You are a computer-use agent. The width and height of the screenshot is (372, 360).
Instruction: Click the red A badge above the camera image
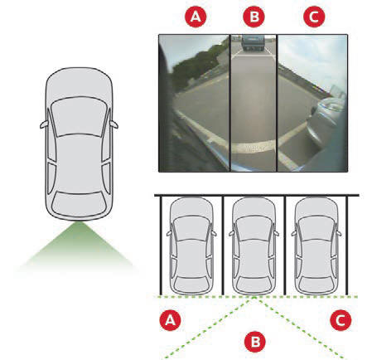pos(196,17)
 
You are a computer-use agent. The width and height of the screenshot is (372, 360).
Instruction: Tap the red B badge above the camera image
pos(254,17)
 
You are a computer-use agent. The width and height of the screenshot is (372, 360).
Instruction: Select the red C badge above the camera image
pos(314,17)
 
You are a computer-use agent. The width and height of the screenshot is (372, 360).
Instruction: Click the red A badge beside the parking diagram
pos(170,320)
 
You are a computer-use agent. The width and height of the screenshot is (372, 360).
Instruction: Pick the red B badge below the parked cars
pos(255,342)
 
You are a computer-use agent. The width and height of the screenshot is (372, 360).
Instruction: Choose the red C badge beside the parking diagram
pos(341,320)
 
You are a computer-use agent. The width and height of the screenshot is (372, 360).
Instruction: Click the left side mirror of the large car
pos(44,124)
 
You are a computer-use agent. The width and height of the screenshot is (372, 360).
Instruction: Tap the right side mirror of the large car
pos(114,124)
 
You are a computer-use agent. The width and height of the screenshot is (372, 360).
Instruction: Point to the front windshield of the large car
pos(79,116)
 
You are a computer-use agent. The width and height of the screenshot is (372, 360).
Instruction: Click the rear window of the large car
pos(79,203)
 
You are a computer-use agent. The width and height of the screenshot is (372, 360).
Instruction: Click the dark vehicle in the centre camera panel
pos(253,43)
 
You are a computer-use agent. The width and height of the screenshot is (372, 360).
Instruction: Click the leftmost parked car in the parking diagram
pos(191,246)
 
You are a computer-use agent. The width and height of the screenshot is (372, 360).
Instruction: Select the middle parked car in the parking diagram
pos(254,246)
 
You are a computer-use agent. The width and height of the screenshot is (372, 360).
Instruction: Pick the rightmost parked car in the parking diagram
pos(316,246)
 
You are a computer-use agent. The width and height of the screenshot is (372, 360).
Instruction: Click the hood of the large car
pos(79,83)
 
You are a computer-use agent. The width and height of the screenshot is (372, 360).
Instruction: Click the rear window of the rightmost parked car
pos(316,285)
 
